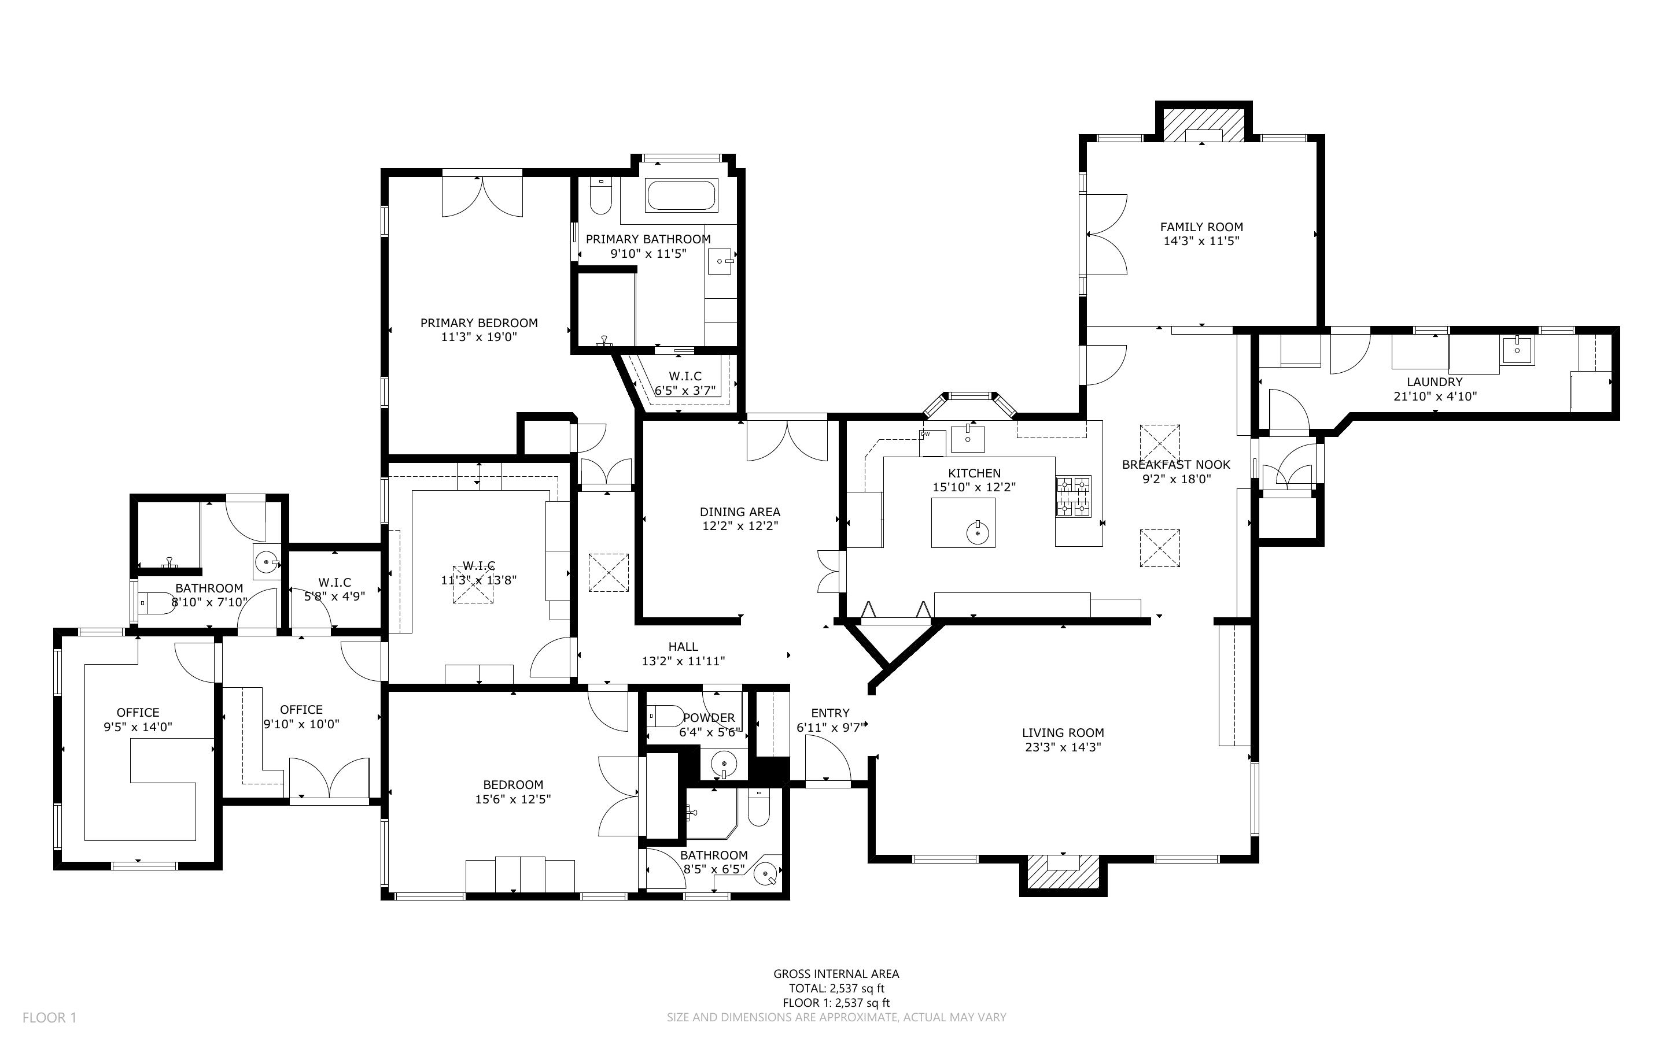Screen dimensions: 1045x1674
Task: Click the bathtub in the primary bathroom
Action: coord(681,195)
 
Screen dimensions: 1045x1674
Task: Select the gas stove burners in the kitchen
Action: coord(1072,496)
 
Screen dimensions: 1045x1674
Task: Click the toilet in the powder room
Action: coord(665,716)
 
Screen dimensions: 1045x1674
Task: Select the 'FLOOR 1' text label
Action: coord(49,1017)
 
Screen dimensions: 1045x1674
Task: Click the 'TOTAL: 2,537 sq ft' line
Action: coord(836,988)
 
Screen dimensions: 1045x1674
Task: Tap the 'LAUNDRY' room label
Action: coord(1434,381)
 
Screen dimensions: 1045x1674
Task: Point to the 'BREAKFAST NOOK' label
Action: coord(1175,465)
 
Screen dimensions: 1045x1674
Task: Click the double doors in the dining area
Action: coord(787,441)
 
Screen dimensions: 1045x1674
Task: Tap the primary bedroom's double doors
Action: coord(482,198)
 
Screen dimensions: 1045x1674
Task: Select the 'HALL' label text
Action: coord(683,646)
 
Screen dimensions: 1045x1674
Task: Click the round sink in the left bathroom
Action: coord(266,562)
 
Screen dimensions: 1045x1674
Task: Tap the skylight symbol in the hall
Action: coord(609,572)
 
